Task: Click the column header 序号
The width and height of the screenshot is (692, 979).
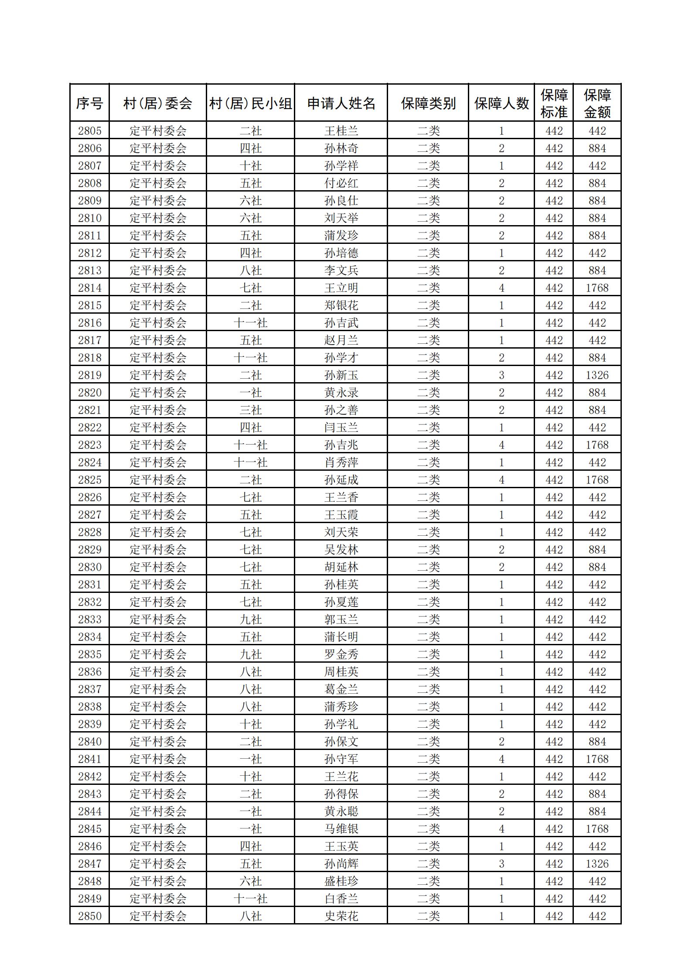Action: click(89, 103)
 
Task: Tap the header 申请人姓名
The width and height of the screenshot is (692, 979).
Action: click(341, 103)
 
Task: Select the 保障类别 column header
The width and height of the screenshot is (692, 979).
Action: click(428, 103)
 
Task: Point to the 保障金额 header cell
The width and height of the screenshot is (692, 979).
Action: click(597, 103)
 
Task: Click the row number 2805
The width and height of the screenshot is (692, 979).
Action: click(89, 131)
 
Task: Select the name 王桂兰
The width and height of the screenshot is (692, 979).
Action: click(341, 131)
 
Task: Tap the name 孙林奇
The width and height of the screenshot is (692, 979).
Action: click(341, 148)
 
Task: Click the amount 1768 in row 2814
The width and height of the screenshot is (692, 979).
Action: click(597, 288)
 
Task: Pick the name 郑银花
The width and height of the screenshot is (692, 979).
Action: click(341, 305)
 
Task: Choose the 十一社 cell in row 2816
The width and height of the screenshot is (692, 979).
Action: click(251, 323)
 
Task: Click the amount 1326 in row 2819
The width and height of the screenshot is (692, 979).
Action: click(597, 375)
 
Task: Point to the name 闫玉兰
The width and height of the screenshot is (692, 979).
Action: click(341, 428)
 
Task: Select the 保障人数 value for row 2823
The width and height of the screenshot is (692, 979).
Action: click(501, 445)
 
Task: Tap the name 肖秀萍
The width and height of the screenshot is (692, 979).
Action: click(341, 462)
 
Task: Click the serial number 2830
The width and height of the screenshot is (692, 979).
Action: click(89, 567)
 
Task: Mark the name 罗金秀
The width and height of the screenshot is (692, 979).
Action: click(341, 654)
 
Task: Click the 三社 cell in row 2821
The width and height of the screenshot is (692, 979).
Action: click(251, 410)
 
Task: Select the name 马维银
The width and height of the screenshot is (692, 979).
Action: click(341, 829)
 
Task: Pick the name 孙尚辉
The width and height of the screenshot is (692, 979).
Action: click(341, 864)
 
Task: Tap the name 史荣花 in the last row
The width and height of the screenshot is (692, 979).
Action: click(341, 916)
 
